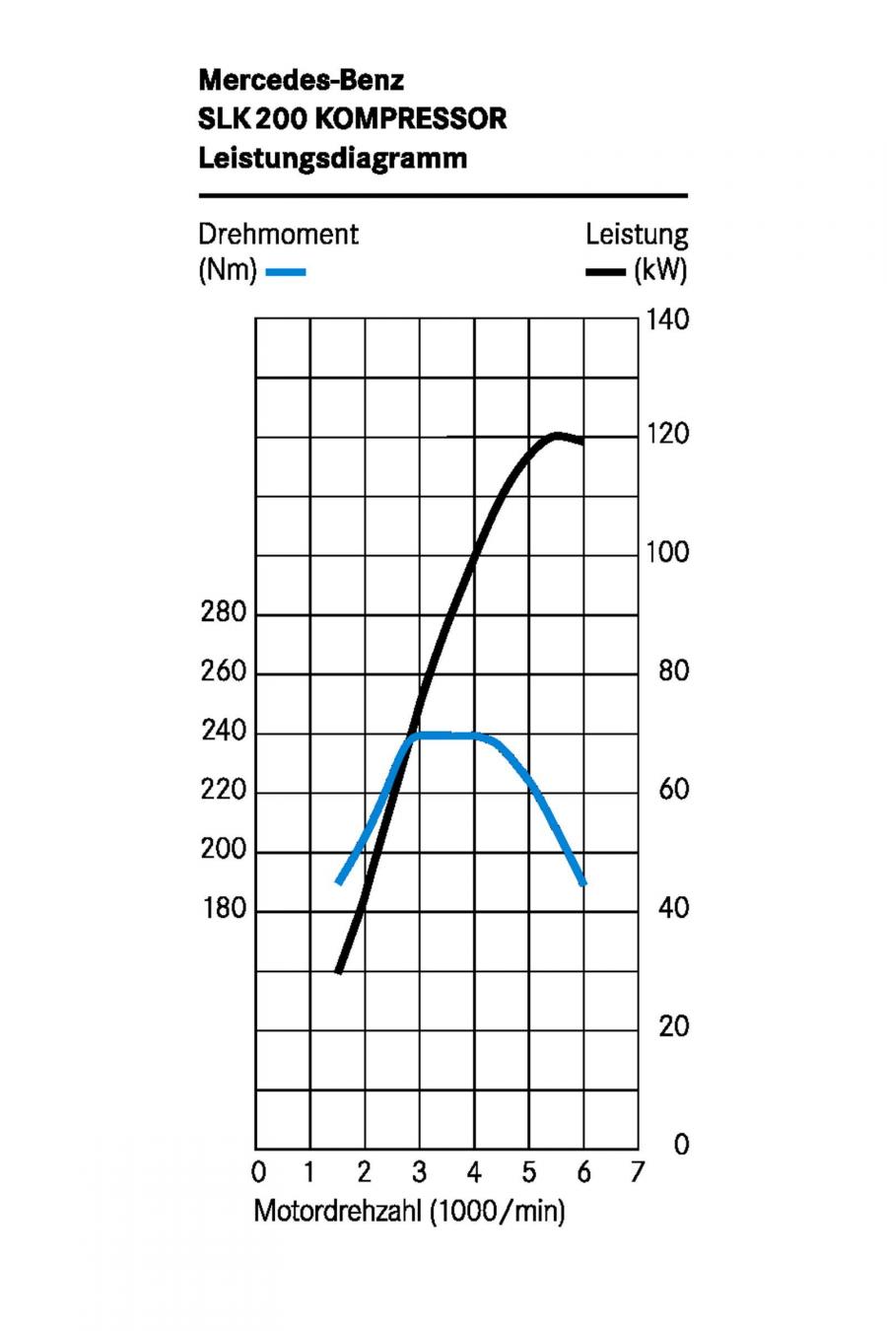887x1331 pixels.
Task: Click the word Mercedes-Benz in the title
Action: (302, 80)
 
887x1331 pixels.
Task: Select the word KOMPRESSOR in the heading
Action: (411, 118)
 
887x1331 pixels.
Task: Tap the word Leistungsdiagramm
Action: (333, 159)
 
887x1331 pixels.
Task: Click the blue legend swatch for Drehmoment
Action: (286, 272)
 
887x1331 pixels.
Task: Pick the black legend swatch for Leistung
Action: (605, 272)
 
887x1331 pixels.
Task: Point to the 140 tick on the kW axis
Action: (667, 319)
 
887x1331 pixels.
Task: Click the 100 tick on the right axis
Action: (667, 552)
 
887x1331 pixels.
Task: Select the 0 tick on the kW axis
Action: (681, 1144)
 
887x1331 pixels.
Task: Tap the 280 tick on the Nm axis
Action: (224, 611)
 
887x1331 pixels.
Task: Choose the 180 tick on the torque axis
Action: (224, 908)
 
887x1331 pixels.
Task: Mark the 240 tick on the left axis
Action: (224, 731)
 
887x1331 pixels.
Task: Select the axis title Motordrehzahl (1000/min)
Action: (409, 1211)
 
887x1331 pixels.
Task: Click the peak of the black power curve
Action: (557, 436)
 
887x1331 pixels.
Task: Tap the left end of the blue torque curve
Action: (339, 882)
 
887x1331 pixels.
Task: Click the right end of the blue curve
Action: (583, 884)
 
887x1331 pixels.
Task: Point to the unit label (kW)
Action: (660, 270)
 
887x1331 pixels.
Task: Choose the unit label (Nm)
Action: (228, 270)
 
